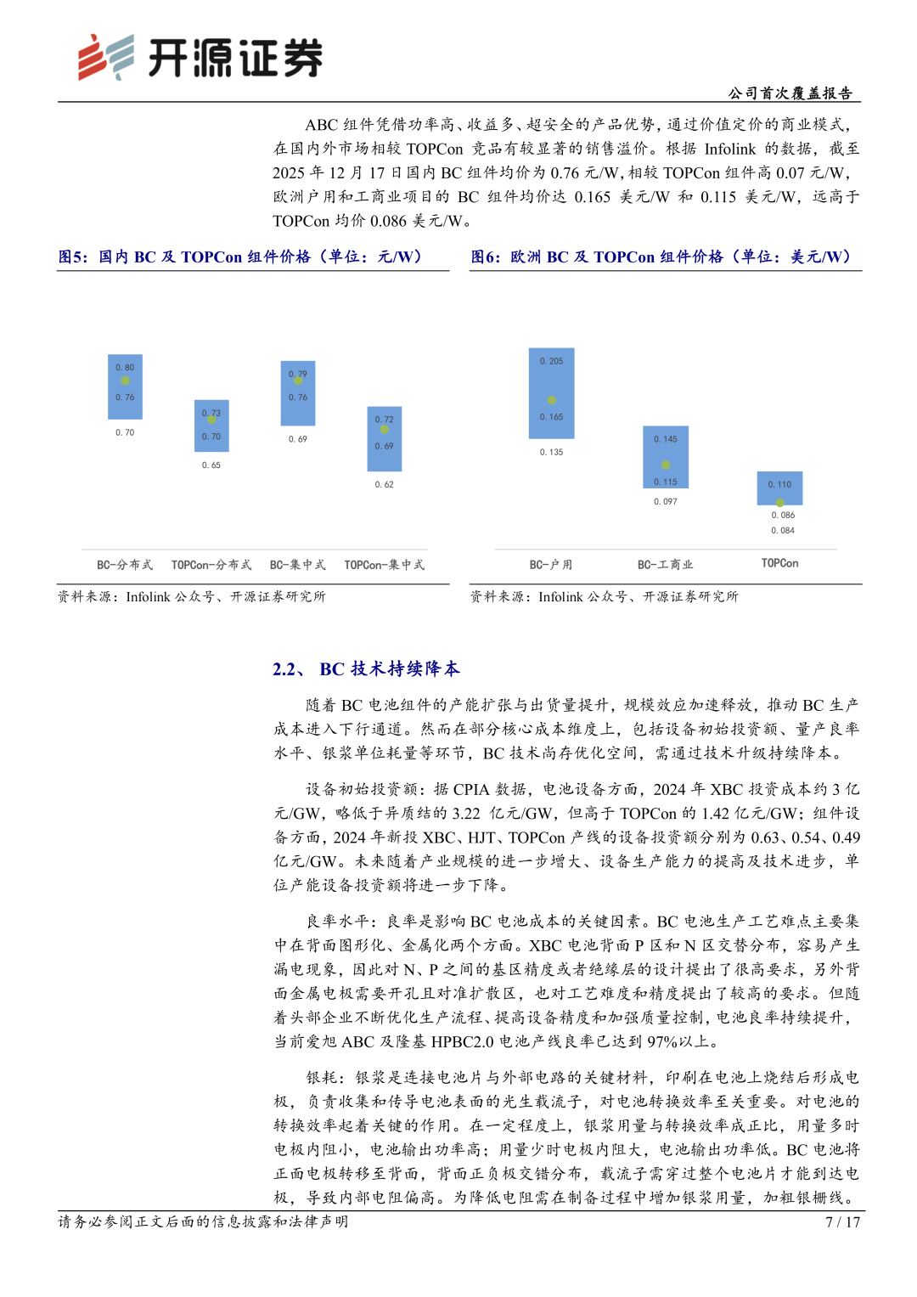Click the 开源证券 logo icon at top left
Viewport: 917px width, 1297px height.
click(x=105, y=58)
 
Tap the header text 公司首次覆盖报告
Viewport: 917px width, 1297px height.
click(x=790, y=93)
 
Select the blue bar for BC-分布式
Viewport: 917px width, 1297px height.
click(x=125, y=386)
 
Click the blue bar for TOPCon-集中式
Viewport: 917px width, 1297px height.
click(x=384, y=439)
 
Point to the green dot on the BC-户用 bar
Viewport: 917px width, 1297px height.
click(x=552, y=400)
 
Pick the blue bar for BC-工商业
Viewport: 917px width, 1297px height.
click(x=666, y=457)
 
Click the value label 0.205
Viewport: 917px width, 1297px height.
click(x=551, y=361)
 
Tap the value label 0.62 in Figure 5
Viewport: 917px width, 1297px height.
click(x=384, y=485)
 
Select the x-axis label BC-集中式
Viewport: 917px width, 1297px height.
click(x=297, y=565)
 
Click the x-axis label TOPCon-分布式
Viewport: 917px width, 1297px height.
click(x=211, y=565)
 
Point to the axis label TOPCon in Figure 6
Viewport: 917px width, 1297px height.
click(x=779, y=563)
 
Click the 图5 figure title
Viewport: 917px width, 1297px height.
click(x=240, y=257)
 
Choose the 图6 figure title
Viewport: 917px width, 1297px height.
click(x=661, y=257)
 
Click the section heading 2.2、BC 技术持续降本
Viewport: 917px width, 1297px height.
click(x=366, y=669)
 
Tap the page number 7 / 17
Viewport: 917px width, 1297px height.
click(x=842, y=1222)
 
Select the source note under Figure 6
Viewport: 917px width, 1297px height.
click(x=605, y=597)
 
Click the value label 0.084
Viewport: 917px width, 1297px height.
click(x=783, y=531)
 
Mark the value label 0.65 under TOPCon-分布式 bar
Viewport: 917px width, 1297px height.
click(x=211, y=465)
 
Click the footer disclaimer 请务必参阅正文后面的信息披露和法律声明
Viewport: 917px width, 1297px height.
click(x=204, y=1222)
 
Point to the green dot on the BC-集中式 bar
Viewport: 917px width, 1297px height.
click(x=298, y=381)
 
